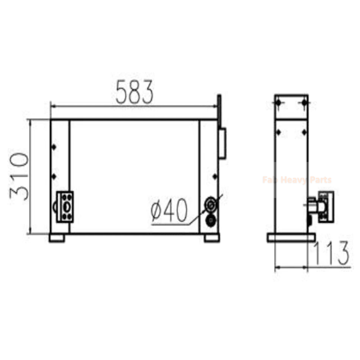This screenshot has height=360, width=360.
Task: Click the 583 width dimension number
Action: [135, 92]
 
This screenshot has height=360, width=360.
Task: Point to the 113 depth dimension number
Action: [331, 252]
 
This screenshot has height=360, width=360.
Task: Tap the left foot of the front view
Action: [57, 238]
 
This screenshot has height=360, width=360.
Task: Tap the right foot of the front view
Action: [211, 238]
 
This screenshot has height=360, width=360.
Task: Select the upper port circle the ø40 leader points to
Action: [210, 205]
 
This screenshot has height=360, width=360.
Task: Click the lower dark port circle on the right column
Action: [210, 220]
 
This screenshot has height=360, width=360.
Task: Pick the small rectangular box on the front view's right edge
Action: [222, 143]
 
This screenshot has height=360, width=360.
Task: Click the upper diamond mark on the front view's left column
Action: [54, 147]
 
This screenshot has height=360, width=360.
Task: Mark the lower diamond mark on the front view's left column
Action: [54, 175]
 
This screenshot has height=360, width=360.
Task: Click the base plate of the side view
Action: [290, 237]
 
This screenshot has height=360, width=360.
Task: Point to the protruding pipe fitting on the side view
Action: [320, 206]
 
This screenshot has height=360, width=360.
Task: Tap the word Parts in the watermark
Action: [321, 180]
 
